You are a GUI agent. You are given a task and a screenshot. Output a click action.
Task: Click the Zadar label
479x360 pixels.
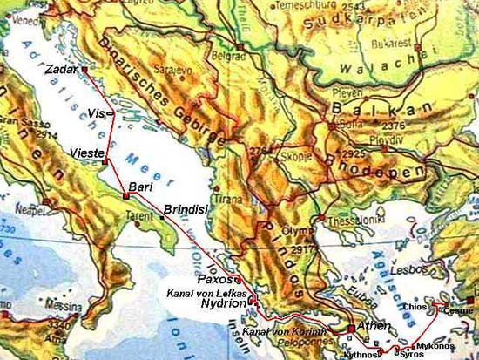[58, 68]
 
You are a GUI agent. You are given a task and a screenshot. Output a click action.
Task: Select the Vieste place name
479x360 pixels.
[84, 153]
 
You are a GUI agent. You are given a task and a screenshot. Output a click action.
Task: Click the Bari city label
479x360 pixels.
[140, 187]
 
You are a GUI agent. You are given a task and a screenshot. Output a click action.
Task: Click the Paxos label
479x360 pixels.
[216, 280]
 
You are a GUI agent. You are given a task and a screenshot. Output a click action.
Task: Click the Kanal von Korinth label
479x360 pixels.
[285, 333]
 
